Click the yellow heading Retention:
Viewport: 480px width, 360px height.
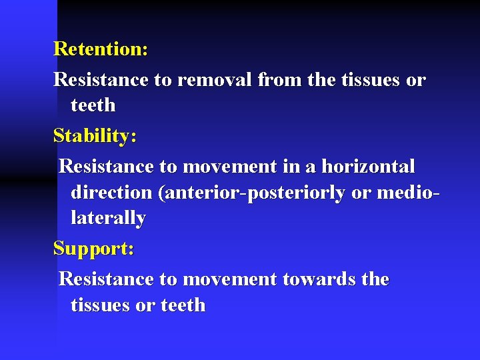coord(101,49)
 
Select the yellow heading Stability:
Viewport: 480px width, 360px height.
coord(95,135)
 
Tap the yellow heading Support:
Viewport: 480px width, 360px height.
coord(94,249)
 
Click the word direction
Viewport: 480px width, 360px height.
coord(111,192)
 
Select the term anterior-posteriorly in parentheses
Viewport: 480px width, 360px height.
coord(253,192)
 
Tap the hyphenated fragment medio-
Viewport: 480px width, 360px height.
coord(409,192)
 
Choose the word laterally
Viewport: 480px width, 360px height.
coord(108,217)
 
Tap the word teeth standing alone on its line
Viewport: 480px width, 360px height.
coord(93,105)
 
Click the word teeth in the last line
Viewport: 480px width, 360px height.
coord(183,305)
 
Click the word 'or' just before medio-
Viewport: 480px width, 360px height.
coord(361,192)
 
